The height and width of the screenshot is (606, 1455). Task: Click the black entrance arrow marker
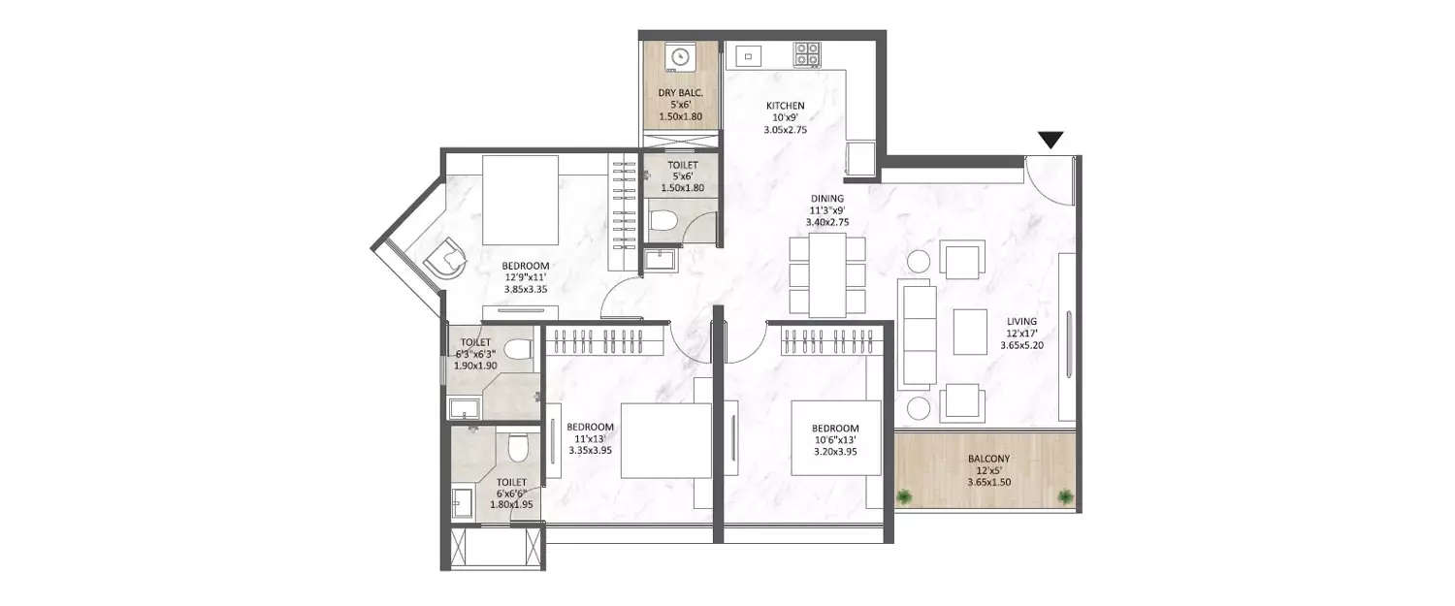coord(1051,141)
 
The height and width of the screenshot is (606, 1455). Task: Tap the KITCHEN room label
coord(785,106)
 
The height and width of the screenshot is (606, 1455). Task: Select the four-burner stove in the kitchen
coord(807,54)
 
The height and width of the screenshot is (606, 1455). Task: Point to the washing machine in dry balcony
coord(680,57)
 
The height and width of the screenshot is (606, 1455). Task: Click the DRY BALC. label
coord(680,93)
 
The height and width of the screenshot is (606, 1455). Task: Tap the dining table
coord(827,275)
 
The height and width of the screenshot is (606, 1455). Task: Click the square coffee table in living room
coord(970,332)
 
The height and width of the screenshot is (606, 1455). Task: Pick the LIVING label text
coord(1021,322)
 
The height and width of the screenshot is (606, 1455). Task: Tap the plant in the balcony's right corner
coord(1066,497)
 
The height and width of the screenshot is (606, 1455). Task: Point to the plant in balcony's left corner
coord(905,497)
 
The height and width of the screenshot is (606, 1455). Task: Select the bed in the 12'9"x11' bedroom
coord(520,199)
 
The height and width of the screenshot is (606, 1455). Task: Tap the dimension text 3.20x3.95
coord(834,452)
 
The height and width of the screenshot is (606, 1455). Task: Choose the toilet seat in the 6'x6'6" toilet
coord(518,448)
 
